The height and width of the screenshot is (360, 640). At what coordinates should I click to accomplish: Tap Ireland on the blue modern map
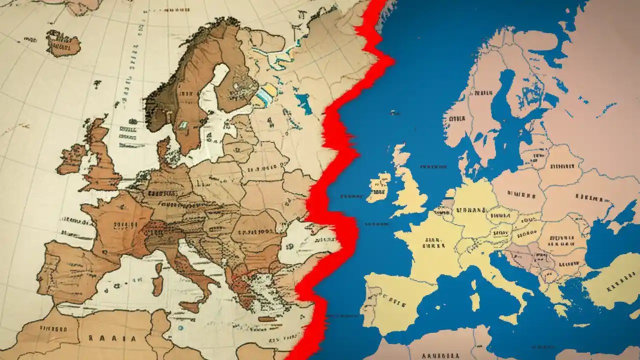click(x=378, y=186)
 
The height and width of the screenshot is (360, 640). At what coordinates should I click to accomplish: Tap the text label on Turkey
click(x=616, y=288)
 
